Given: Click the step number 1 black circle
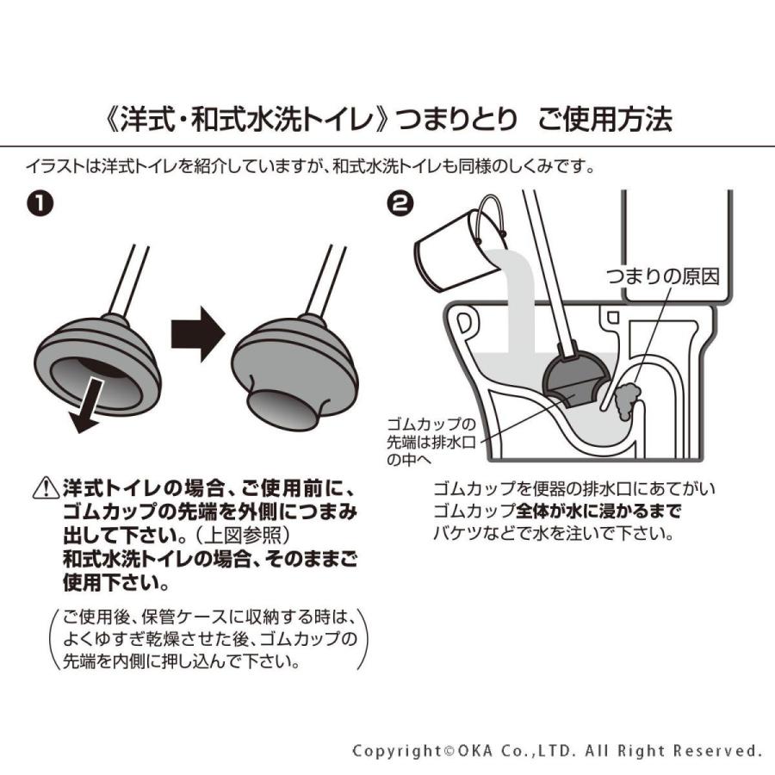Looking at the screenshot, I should tap(40, 204).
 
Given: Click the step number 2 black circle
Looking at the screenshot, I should tap(401, 204).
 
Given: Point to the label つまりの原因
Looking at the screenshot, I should tap(661, 275).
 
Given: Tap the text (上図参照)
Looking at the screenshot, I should tap(228, 533).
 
